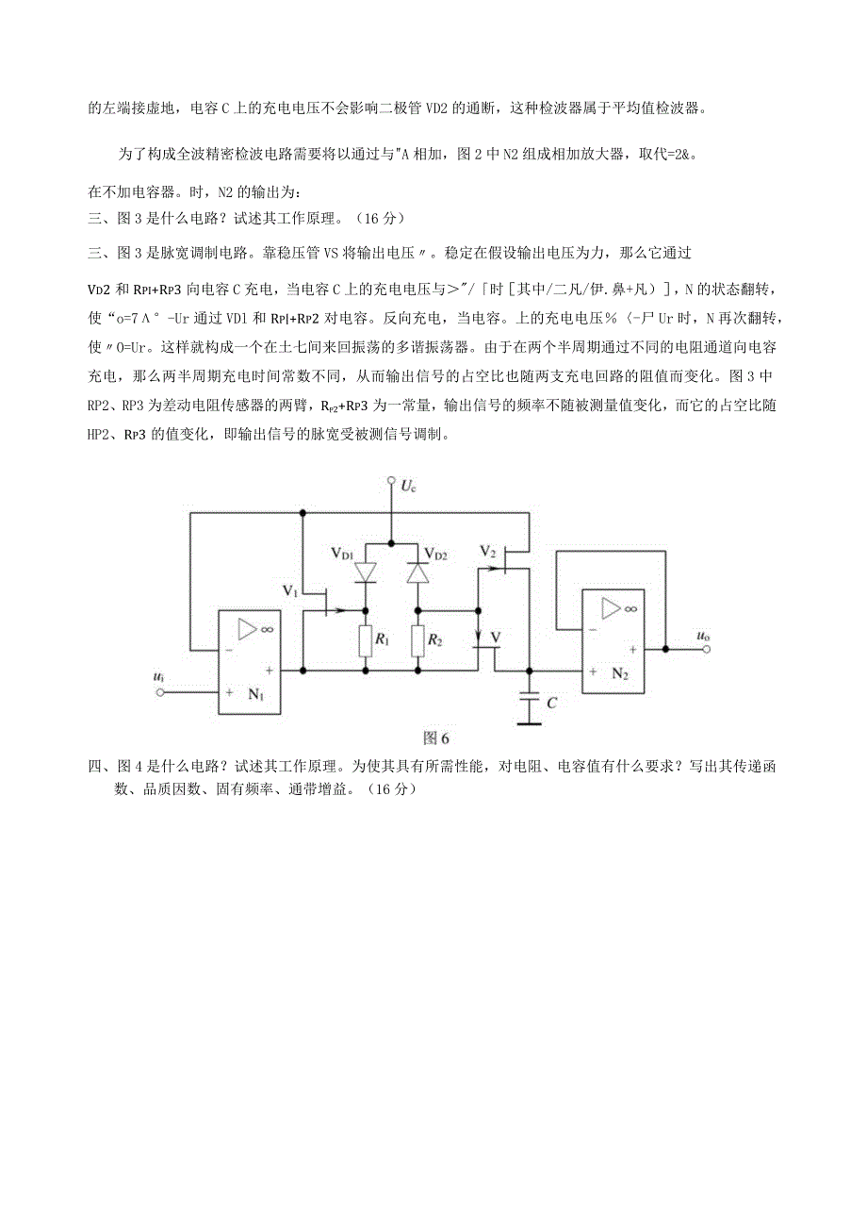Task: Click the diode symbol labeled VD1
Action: pyautogui.click(x=367, y=572)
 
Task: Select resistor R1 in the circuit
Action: pyautogui.click(x=367, y=640)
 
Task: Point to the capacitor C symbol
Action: pyautogui.click(x=530, y=700)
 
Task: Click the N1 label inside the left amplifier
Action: pyautogui.click(x=255, y=693)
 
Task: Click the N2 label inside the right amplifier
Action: pyautogui.click(x=619, y=673)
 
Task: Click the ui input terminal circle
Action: pyautogui.click(x=160, y=692)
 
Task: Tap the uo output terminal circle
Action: pyautogui.click(x=706, y=649)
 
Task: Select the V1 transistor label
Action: pyautogui.click(x=290, y=591)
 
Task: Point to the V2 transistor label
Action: pyautogui.click(x=487, y=551)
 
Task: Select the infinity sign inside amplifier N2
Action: pyautogui.click(x=630, y=609)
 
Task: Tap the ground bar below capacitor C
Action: pyautogui.click(x=530, y=723)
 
